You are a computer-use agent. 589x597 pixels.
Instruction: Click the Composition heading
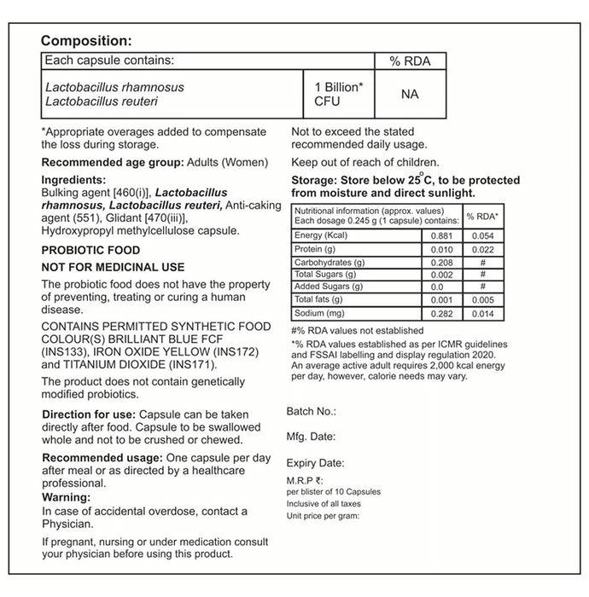click(x=86, y=41)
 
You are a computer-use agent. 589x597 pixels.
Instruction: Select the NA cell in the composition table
click(x=409, y=94)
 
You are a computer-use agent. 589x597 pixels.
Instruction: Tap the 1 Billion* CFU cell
click(x=340, y=95)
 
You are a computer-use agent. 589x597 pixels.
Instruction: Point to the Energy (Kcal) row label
click(x=319, y=235)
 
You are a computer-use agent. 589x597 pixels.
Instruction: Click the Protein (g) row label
click(x=315, y=248)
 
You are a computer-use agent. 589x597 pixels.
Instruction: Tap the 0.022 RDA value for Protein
click(x=483, y=248)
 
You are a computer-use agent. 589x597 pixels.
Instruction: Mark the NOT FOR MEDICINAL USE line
click(x=113, y=268)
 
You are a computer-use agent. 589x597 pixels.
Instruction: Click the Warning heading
click(x=67, y=497)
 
